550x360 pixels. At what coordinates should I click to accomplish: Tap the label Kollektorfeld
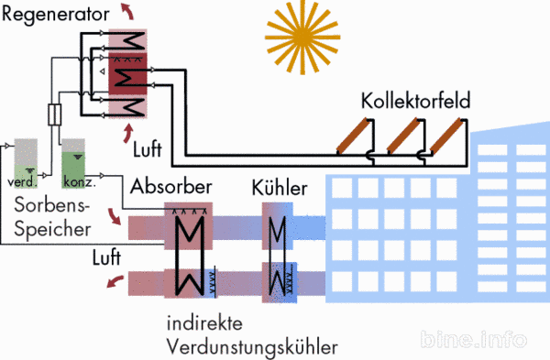[415, 100]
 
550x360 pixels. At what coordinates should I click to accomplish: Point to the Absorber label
[171, 187]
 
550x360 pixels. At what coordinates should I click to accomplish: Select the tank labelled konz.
[75, 163]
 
